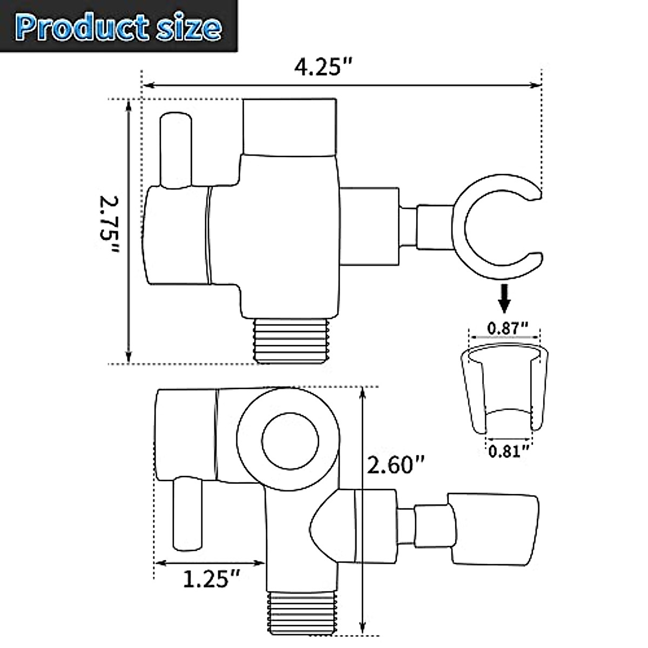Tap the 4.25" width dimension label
pos(323,68)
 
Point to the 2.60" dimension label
pos(395,464)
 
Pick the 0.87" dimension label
pos(507,327)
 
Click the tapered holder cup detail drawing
pos(505,386)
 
